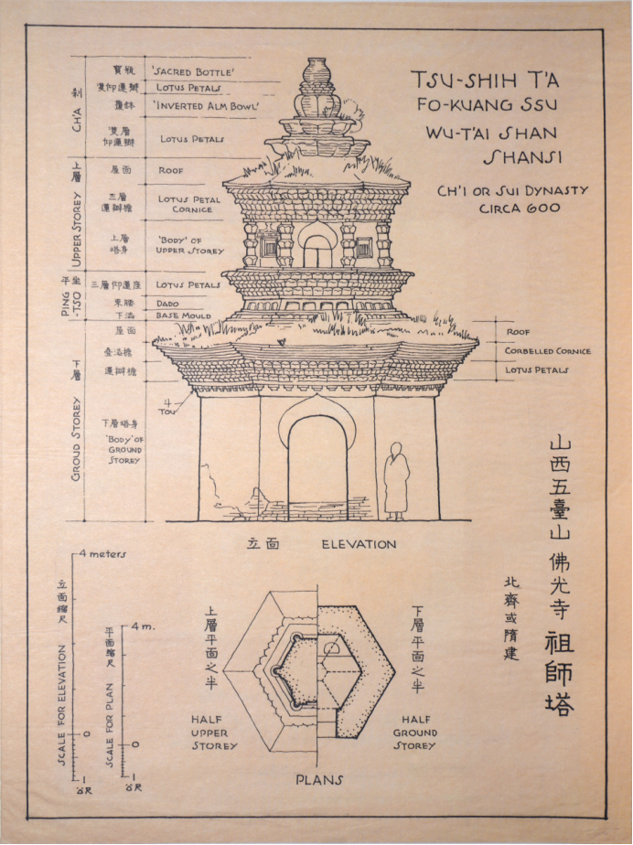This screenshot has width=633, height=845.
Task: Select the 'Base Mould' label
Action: pyautogui.click(x=180, y=315)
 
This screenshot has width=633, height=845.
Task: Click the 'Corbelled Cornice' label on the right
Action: pyautogui.click(x=548, y=351)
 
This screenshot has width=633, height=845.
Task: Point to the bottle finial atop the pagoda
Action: pyautogui.click(x=316, y=72)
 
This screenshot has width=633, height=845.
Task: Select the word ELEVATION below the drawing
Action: pyautogui.click(x=359, y=544)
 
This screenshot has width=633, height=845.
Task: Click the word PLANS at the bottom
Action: pyautogui.click(x=318, y=780)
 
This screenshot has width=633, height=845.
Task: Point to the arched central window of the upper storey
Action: pyautogui.click(x=316, y=248)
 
